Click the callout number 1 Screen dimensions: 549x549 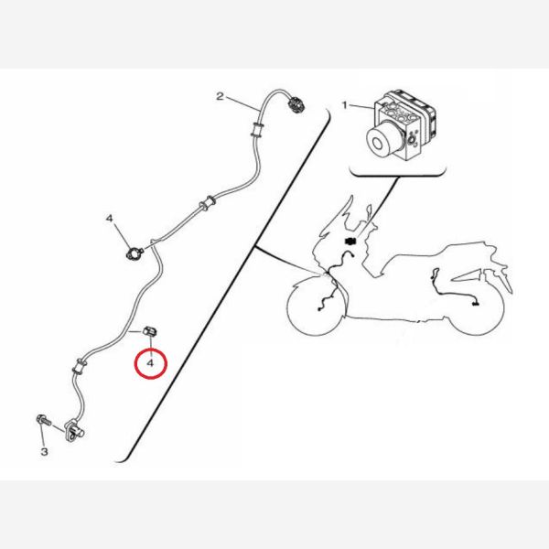pyautogui.click(x=345, y=105)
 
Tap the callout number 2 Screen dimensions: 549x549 pyautogui.click(x=220, y=96)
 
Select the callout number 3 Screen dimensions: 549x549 pyautogui.click(x=44, y=451)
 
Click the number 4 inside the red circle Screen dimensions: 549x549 pyautogui.click(x=150, y=363)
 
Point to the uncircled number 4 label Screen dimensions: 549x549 pyautogui.click(x=110, y=219)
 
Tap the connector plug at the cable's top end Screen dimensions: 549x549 pyautogui.click(x=296, y=104)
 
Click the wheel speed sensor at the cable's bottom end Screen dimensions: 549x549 pyautogui.click(x=74, y=431)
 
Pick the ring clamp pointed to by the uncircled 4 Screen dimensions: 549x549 pyautogui.click(x=135, y=253)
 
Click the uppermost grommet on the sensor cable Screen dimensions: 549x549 pyautogui.click(x=257, y=130)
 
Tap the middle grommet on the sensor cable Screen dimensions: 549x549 pyautogui.click(x=208, y=203)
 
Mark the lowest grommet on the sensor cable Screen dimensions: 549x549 pyautogui.click(x=79, y=366)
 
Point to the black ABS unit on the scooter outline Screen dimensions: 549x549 pyautogui.click(x=350, y=241)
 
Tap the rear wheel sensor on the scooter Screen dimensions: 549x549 pyautogui.click(x=475, y=305)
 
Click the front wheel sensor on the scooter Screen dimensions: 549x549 pyautogui.click(x=319, y=309)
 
